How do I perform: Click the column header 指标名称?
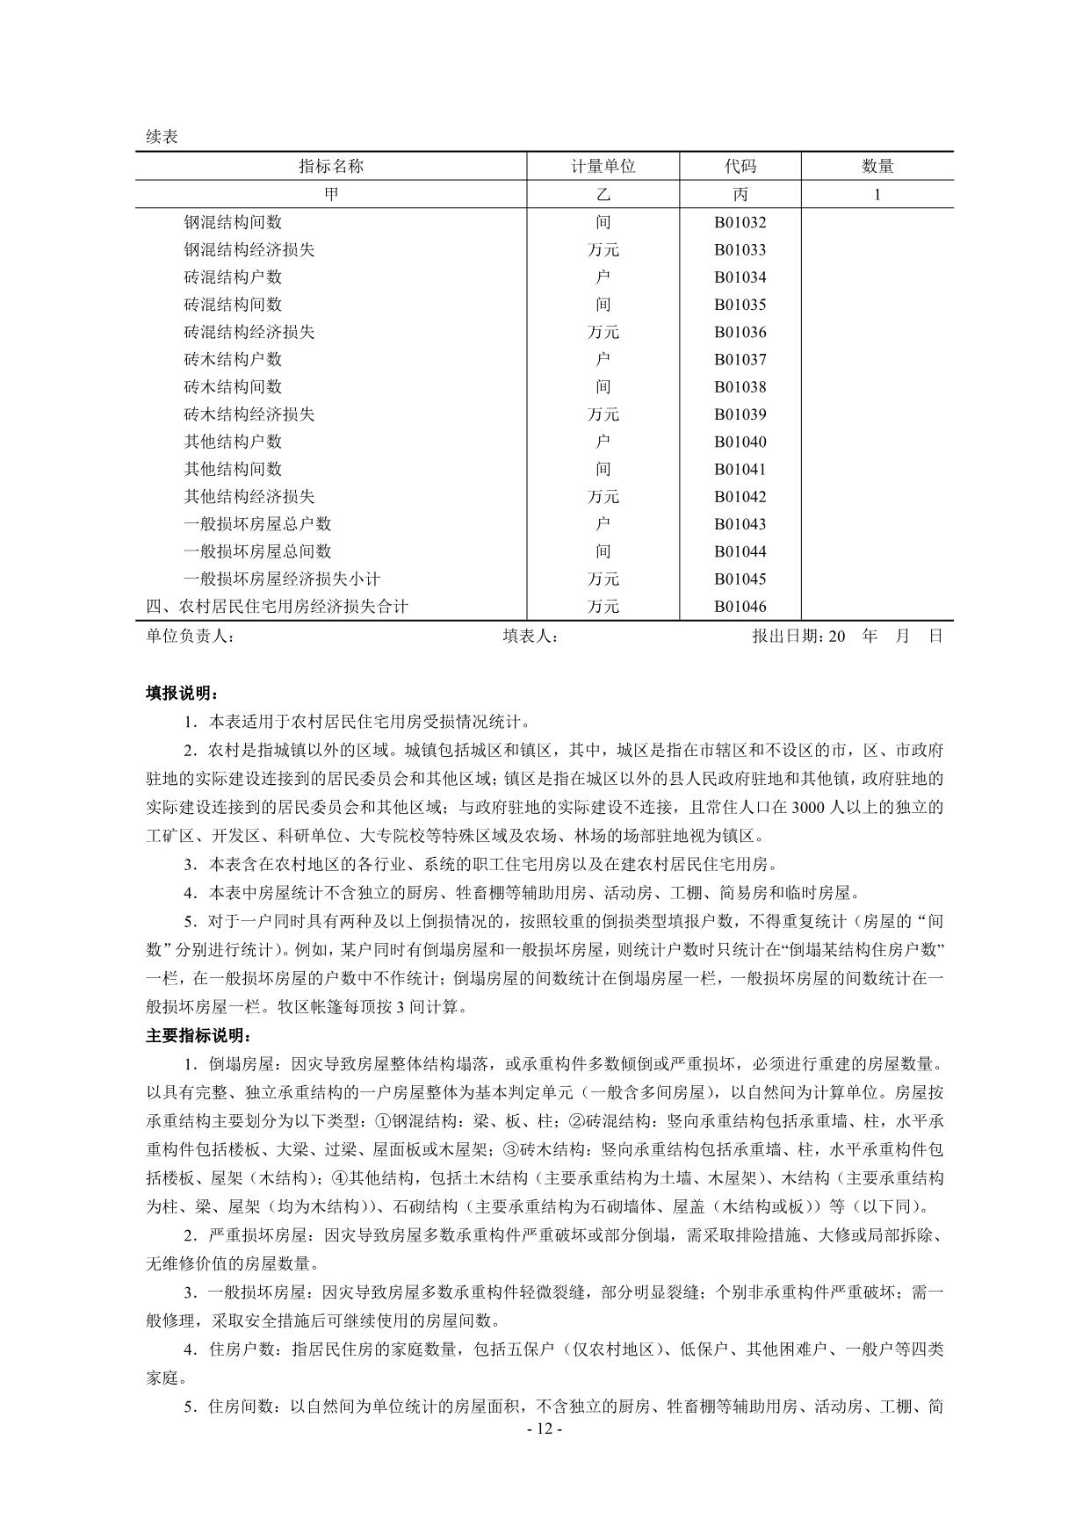pyautogui.click(x=331, y=166)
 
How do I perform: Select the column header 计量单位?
pyautogui.click(x=603, y=166)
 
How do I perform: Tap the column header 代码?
pyautogui.click(x=740, y=166)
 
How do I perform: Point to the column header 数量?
pyautogui.click(x=877, y=166)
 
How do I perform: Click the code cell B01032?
pyautogui.click(x=740, y=222)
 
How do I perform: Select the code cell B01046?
pyautogui.click(x=740, y=606)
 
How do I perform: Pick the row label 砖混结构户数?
pyautogui.click(x=233, y=277)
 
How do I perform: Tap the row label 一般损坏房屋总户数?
pyautogui.click(x=257, y=524)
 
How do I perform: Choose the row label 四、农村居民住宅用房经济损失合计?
pyautogui.click(x=277, y=606)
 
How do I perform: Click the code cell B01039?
pyautogui.click(x=740, y=414)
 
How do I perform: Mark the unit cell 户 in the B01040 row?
pyautogui.click(x=603, y=442)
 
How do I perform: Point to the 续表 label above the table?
pyautogui.click(x=162, y=137)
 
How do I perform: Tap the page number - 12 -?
pyautogui.click(x=544, y=1428)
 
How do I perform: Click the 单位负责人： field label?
pyautogui.click(x=190, y=636)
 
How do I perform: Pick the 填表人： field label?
pyautogui.click(x=531, y=636)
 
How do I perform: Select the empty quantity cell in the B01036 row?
pyautogui.click(x=877, y=332)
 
